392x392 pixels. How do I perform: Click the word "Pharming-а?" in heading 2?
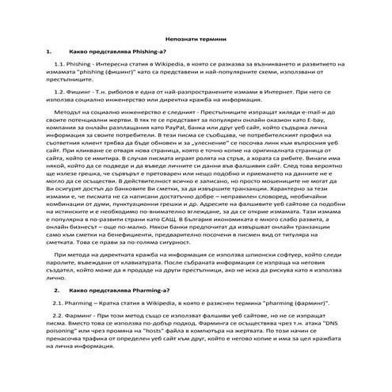click(149, 291)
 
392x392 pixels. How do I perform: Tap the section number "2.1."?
click(59, 304)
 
